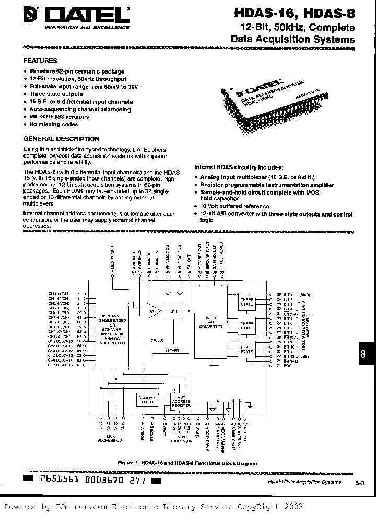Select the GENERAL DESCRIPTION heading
point(62,139)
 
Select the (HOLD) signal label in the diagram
point(157,340)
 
